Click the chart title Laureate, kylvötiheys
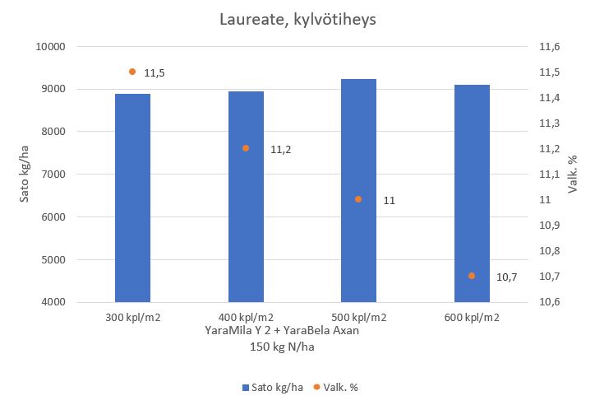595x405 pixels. (297, 20)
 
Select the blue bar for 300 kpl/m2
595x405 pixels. (132, 198)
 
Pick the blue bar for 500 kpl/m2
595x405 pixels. (358, 190)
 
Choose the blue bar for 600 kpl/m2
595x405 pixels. (472, 193)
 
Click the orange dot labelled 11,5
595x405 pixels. (132, 72)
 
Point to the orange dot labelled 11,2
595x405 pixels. (246, 148)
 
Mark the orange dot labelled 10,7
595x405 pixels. (472, 276)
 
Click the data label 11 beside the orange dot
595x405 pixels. (390, 201)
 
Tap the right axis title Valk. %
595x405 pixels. (574, 175)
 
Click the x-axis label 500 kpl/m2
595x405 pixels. (358, 317)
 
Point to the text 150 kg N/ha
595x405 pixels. (283, 347)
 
